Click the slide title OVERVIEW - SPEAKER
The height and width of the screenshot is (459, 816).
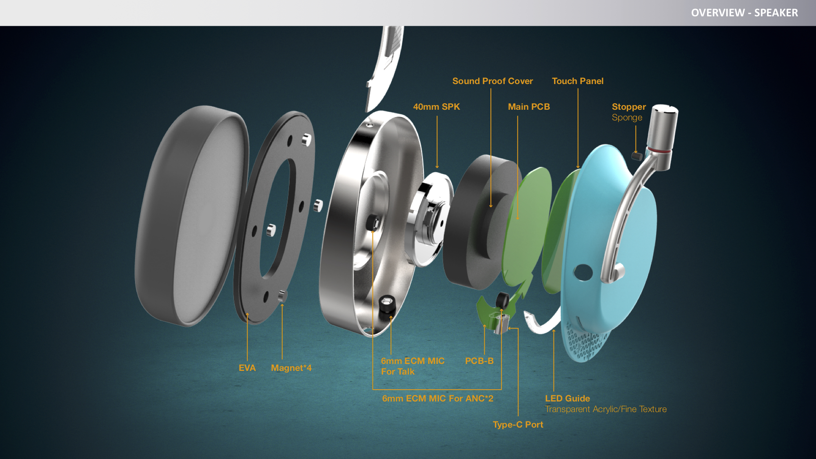click(x=744, y=13)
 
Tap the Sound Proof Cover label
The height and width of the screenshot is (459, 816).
click(x=492, y=81)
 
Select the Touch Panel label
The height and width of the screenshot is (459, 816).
click(x=577, y=81)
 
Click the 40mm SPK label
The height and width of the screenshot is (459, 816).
click(x=436, y=106)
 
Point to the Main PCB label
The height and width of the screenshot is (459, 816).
click(x=529, y=106)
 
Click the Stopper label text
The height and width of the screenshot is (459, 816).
click(x=629, y=107)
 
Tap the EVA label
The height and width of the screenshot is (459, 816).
click(x=247, y=368)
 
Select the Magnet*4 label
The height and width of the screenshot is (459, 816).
click(x=291, y=368)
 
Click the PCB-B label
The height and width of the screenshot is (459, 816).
click(x=479, y=361)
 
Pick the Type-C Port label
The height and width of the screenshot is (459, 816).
click(x=518, y=424)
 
